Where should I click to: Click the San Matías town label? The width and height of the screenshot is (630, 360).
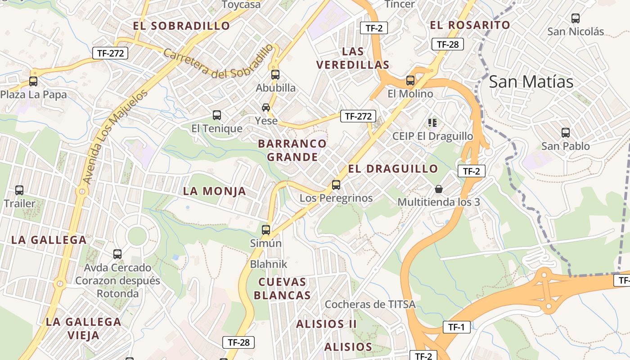[x=531, y=82]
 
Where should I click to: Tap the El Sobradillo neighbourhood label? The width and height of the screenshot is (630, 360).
[x=181, y=26]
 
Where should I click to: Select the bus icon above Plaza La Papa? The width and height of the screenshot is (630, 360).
[x=33, y=81]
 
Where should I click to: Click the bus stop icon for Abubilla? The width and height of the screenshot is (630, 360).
[x=275, y=75]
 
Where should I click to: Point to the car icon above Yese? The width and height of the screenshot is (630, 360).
[x=266, y=108]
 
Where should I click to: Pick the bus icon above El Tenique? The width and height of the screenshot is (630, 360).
[x=217, y=115]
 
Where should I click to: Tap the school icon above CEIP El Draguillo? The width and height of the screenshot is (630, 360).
[x=432, y=122]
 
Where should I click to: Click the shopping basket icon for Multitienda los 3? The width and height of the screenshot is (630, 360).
[x=439, y=189]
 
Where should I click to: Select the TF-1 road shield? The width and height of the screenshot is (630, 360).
[x=456, y=327]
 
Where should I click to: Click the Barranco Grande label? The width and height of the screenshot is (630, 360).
[x=292, y=150]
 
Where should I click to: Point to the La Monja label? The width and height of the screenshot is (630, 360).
[x=215, y=191]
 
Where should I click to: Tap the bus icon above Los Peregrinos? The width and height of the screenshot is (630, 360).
[x=336, y=184]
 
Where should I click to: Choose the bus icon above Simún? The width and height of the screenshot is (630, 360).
[x=266, y=230]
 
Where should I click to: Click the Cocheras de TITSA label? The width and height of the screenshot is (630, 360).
[x=370, y=304]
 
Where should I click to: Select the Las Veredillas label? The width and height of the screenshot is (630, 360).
[x=353, y=58]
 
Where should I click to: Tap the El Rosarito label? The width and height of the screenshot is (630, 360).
[x=470, y=25]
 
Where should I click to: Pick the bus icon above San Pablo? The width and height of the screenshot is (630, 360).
[x=566, y=133]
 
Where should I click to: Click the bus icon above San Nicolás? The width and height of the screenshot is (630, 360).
[x=576, y=18]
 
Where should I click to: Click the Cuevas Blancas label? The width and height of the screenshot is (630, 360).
[x=282, y=288]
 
